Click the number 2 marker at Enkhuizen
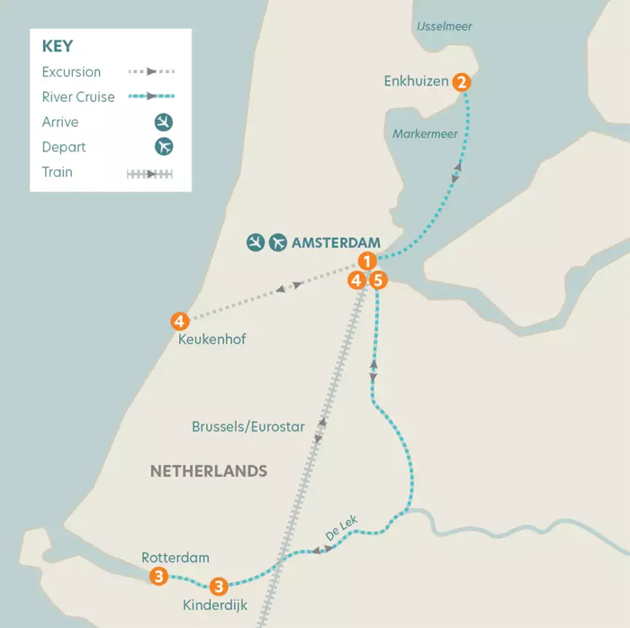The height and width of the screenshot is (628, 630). (462, 82)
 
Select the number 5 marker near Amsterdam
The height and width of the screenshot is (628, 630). (379, 280)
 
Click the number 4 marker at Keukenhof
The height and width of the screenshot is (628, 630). (180, 320)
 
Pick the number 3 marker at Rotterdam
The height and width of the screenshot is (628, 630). (159, 576)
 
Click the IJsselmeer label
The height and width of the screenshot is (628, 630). (445, 27)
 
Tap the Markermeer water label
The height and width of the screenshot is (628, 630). (425, 134)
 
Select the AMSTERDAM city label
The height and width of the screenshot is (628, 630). (336, 242)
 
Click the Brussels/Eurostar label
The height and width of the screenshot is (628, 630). (248, 426)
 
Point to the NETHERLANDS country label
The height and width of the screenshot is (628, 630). (209, 471)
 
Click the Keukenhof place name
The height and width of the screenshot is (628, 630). (213, 340)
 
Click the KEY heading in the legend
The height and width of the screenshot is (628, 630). (58, 47)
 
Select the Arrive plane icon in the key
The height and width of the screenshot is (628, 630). (163, 122)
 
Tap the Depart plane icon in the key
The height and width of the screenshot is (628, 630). (163, 147)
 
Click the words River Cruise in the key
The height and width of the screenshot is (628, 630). (78, 96)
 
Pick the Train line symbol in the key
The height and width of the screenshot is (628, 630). (150, 173)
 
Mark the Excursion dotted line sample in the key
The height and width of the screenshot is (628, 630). (150, 71)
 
